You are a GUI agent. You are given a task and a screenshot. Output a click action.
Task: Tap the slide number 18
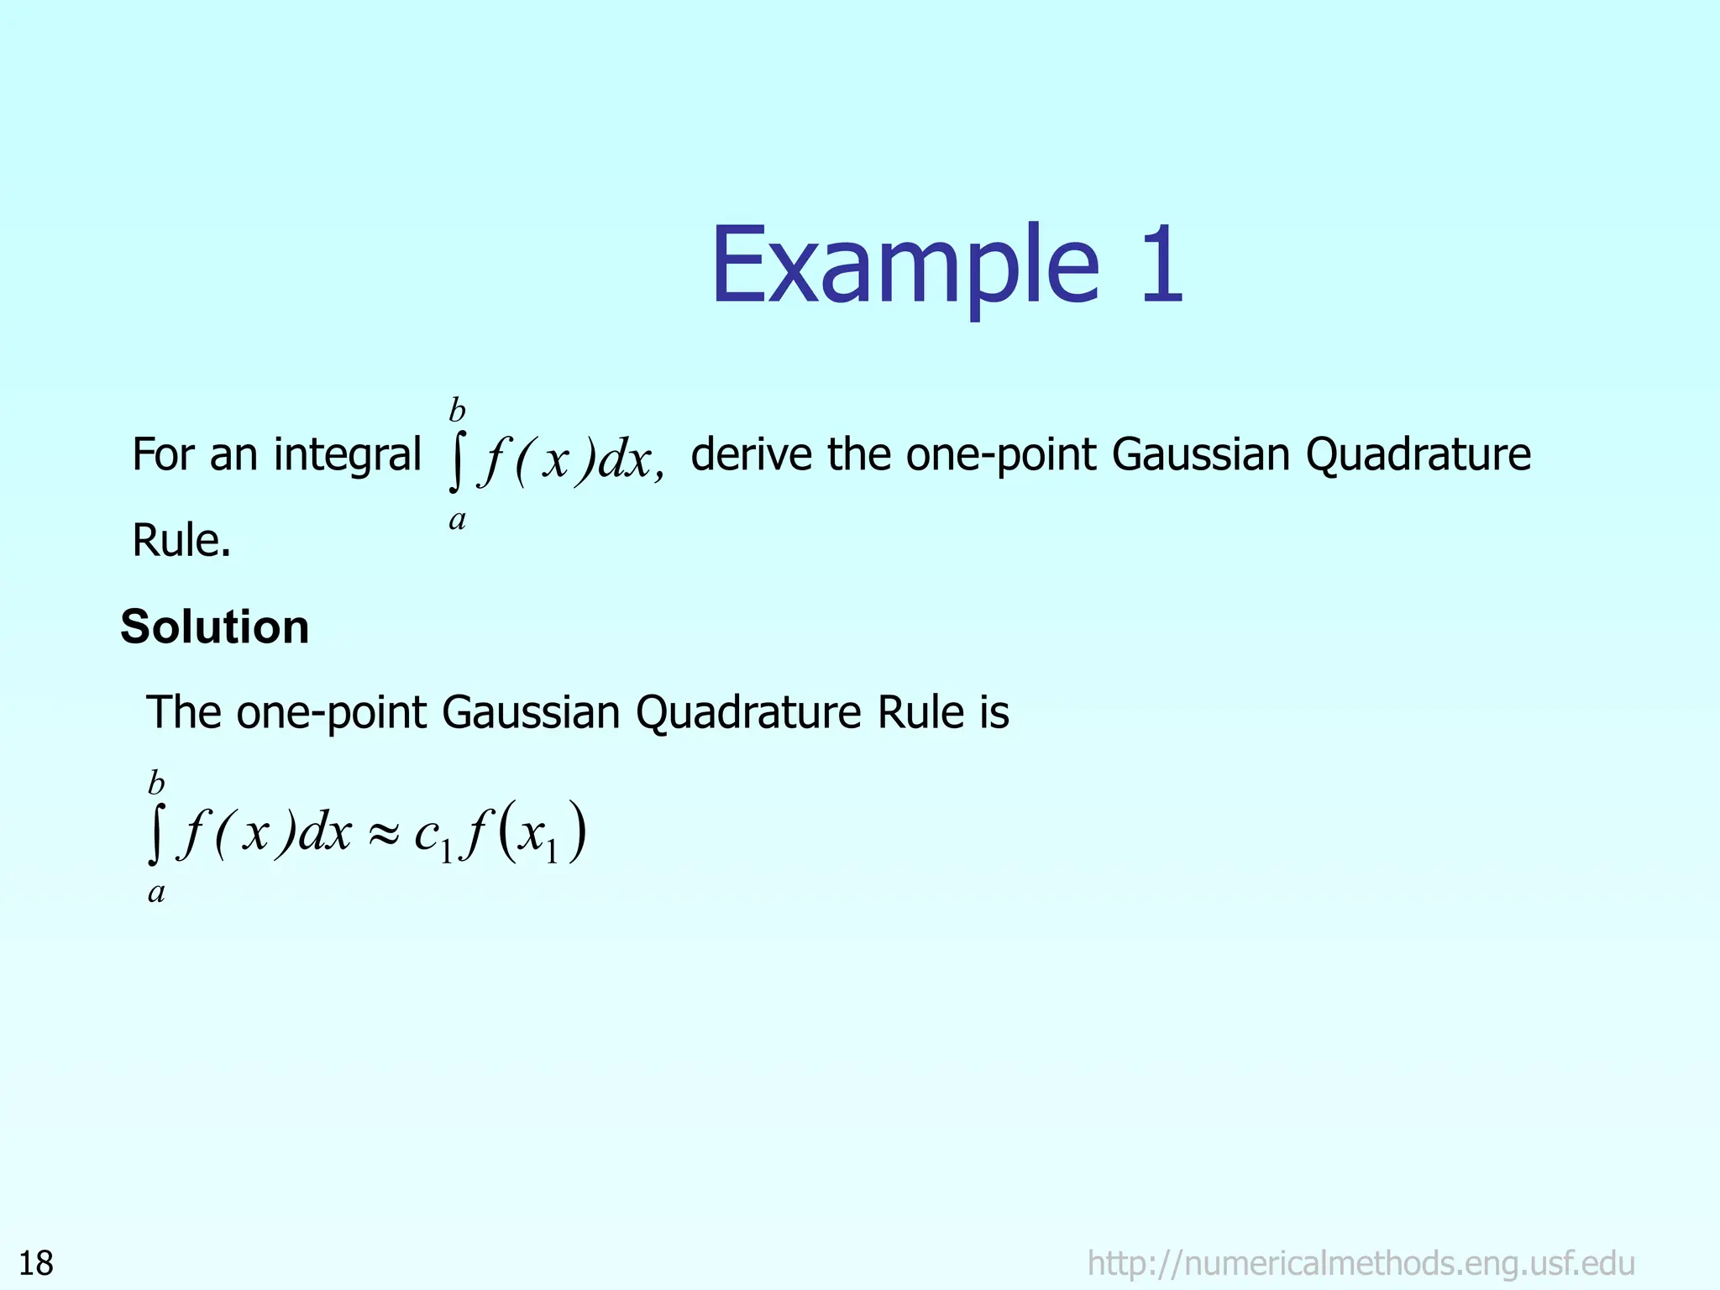pyautogui.click(x=36, y=1263)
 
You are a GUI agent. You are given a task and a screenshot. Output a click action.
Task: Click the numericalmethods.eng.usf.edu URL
pyautogui.click(x=1361, y=1263)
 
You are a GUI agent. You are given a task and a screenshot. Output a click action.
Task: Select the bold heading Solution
pyautogui.click(x=215, y=627)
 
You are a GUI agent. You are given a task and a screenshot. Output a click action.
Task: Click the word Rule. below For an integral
pyautogui.click(x=181, y=540)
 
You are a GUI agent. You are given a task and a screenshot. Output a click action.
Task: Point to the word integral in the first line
pyautogui.click(x=347, y=455)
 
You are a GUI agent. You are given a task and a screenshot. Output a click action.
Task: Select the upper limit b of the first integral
pyautogui.click(x=457, y=411)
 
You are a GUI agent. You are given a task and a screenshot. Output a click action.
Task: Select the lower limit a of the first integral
pyautogui.click(x=457, y=520)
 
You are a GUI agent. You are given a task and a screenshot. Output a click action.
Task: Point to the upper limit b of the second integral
pyautogui.click(x=156, y=784)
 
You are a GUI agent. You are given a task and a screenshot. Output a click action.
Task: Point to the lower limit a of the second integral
pyautogui.click(x=156, y=892)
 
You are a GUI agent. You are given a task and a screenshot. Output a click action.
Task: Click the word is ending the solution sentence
pyautogui.click(x=994, y=713)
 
